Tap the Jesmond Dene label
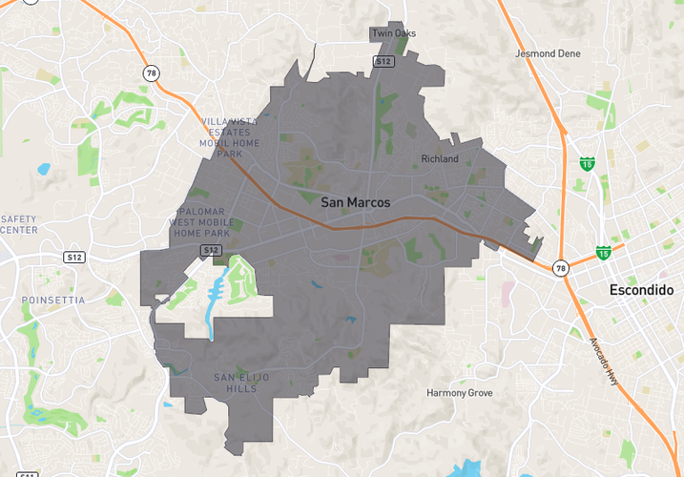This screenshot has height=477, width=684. [548, 53]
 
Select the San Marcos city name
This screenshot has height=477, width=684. [355, 202]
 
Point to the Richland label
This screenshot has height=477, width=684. [440, 158]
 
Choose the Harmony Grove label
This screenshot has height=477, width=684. [459, 392]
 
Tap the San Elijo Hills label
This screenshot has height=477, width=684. [241, 384]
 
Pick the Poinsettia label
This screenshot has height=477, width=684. [53, 300]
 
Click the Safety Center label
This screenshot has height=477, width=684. [19, 224]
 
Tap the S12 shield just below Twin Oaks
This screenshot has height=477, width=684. [383, 61]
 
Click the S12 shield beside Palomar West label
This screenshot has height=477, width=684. [212, 250]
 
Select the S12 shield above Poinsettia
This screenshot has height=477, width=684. [73, 258]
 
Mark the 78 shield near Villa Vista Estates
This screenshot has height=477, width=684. [151, 73]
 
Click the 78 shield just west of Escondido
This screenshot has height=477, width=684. [561, 268]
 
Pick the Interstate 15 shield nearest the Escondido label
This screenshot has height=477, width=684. [603, 252]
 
